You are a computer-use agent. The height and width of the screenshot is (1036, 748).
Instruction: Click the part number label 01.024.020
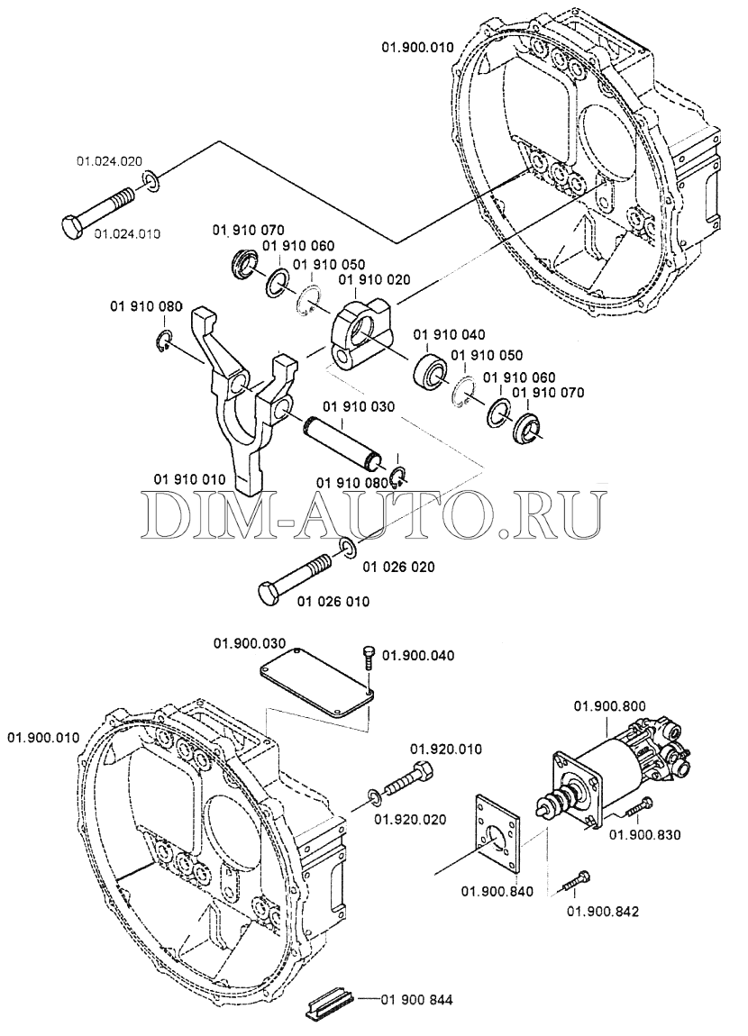109,162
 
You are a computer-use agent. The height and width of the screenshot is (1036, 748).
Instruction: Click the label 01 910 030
358,407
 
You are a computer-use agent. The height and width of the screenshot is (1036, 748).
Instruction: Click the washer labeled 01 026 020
348,549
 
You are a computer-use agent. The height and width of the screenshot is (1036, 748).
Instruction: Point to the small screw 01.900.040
368,655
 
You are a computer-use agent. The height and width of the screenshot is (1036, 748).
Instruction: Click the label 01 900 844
416,999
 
